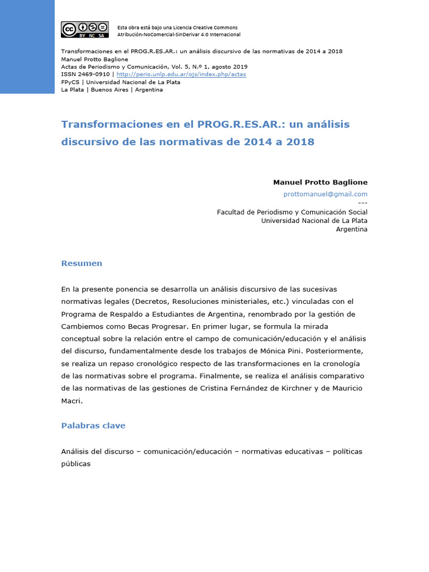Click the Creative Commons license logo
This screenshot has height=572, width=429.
point(84,30)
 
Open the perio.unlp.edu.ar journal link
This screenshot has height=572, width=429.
point(182,74)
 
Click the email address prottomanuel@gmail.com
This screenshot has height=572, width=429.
point(325,194)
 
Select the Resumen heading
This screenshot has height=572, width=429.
point(82,263)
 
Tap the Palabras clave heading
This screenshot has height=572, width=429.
point(93,426)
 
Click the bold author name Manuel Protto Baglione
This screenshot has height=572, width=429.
point(320,182)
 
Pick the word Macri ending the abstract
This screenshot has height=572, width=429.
point(72,400)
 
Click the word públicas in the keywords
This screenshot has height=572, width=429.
point(75,464)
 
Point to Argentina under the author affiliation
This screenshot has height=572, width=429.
point(351,230)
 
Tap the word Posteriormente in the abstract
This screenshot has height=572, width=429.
point(339,351)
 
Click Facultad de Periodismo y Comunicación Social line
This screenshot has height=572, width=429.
point(292,212)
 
